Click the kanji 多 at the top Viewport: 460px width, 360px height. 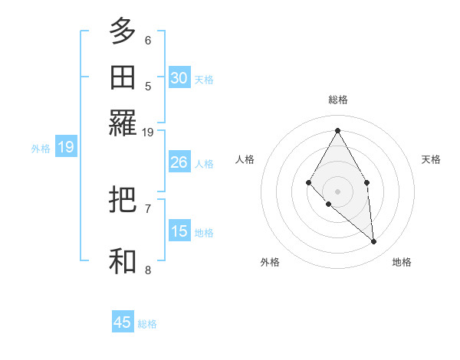[x=123, y=32]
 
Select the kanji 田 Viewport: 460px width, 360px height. [x=123, y=77]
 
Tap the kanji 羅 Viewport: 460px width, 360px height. [x=123, y=123]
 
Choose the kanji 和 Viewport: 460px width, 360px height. [x=123, y=261]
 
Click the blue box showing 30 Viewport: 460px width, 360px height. [x=179, y=77]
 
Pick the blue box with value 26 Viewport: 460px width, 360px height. [x=179, y=162]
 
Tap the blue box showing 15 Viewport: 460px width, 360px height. [x=179, y=231]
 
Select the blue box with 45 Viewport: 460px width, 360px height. [x=123, y=322]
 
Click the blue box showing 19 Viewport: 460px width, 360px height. [x=65, y=147]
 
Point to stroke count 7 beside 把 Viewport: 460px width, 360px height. [x=148, y=208]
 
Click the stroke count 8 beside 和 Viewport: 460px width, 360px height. [x=148, y=269]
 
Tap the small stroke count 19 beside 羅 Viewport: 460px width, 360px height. [x=148, y=132]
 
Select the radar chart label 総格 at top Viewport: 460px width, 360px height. [x=337, y=100]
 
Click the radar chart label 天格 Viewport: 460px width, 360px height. [x=432, y=159]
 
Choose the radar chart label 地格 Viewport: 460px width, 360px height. [x=402, y=262]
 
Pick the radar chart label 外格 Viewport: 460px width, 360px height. [x=270, y=262]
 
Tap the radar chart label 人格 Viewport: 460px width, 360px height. [x=245, y=159]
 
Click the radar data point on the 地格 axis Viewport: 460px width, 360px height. [x=374, y=242]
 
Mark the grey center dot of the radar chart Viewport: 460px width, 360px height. [x=337, y=191]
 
